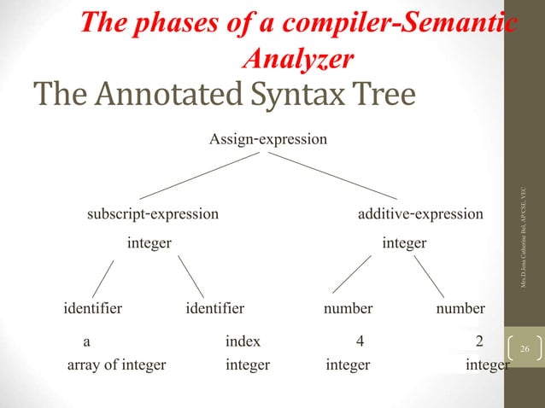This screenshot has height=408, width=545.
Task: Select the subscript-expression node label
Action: (152, 213)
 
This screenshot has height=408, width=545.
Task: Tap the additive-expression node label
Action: (419, 213)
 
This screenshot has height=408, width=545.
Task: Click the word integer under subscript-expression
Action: (149, 243)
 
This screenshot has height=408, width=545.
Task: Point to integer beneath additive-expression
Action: (404, 243)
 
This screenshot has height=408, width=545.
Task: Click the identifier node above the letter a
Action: (93, 308)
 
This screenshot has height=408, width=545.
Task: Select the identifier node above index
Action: (214, 308)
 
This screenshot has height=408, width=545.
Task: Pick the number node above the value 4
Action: (348, 308)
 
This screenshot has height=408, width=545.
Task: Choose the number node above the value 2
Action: (460, 308)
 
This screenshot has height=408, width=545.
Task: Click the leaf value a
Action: (86, 341)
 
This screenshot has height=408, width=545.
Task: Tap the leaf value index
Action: (243, 341)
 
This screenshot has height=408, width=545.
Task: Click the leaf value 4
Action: (360, 341)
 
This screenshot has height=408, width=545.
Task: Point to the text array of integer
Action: (116, 365)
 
